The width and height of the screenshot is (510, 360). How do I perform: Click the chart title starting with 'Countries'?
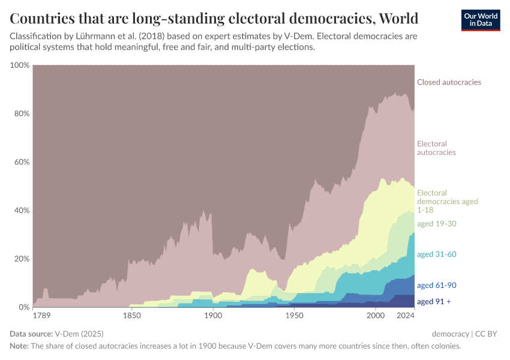coord(214,17)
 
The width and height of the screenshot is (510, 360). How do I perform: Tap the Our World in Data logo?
coord(480,20)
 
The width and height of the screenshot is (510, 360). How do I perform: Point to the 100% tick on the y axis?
coord(20,65)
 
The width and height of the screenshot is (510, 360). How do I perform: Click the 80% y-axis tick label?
coord(21,113)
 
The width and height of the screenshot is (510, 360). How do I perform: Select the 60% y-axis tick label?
coord(21,162)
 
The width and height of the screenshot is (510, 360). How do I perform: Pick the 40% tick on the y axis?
coord(21,211)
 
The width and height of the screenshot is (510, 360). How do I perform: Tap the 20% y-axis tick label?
coord(21,259)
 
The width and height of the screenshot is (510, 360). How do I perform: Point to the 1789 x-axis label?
coord(42,316)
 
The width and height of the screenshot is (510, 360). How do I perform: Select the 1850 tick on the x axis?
coord(131,316)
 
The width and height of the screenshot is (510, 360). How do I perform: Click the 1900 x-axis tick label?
coord(212,316)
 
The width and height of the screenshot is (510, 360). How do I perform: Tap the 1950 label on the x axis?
coord(294,316)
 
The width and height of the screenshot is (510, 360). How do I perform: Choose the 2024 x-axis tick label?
coord(405,316)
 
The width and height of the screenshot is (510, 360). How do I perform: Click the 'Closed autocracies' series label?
coord(449,82)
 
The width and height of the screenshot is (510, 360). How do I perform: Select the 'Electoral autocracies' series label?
coord(436,148)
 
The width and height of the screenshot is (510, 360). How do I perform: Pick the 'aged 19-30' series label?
coord(437,223)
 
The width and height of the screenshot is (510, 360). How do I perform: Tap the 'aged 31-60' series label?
coord(437,254)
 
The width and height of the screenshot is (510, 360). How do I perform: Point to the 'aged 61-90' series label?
coord(437,286)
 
